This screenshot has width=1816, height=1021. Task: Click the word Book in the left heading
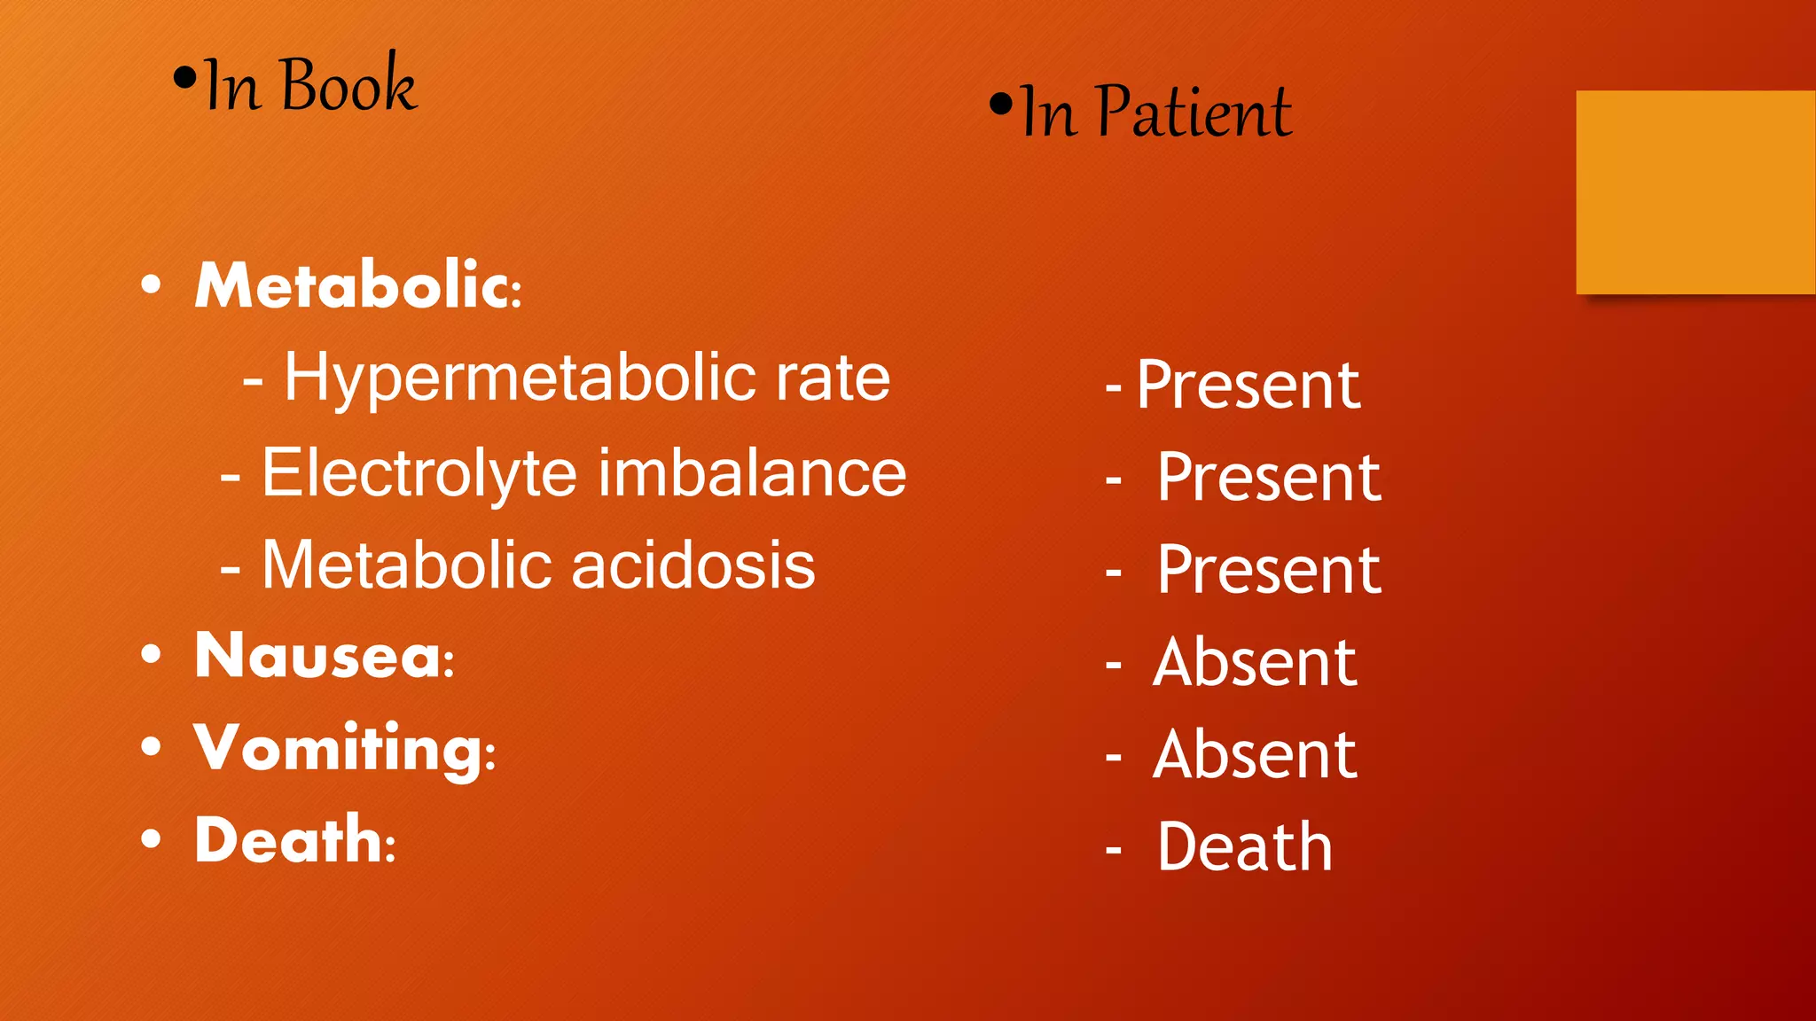coord(348,85)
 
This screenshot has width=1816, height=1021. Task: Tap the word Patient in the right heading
coord(1194,113)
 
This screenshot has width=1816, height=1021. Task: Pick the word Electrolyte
coord(419,473)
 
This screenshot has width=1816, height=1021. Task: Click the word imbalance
coord(752,473)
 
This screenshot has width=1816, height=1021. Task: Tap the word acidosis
coord(693,565)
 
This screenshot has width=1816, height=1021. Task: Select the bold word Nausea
coord(324,657)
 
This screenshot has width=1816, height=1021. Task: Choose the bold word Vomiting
coord(344,749)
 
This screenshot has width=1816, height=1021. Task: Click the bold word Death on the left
coord(294,840)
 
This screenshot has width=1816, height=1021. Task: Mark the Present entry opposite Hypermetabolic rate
coord(1248,386)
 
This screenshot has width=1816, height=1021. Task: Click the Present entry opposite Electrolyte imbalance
coord(1269,479)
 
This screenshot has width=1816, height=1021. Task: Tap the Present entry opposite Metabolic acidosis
coord(1269,570)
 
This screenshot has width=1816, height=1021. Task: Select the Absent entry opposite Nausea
coord(1255,663)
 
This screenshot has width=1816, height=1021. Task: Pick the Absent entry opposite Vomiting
coord(1255,755)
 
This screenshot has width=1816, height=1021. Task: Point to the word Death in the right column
coord(1245,847)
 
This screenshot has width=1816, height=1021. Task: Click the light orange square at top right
coord(1695,191)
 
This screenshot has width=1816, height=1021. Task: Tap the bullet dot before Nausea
coord(152,654)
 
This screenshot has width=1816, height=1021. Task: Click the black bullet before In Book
coord(184,79)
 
